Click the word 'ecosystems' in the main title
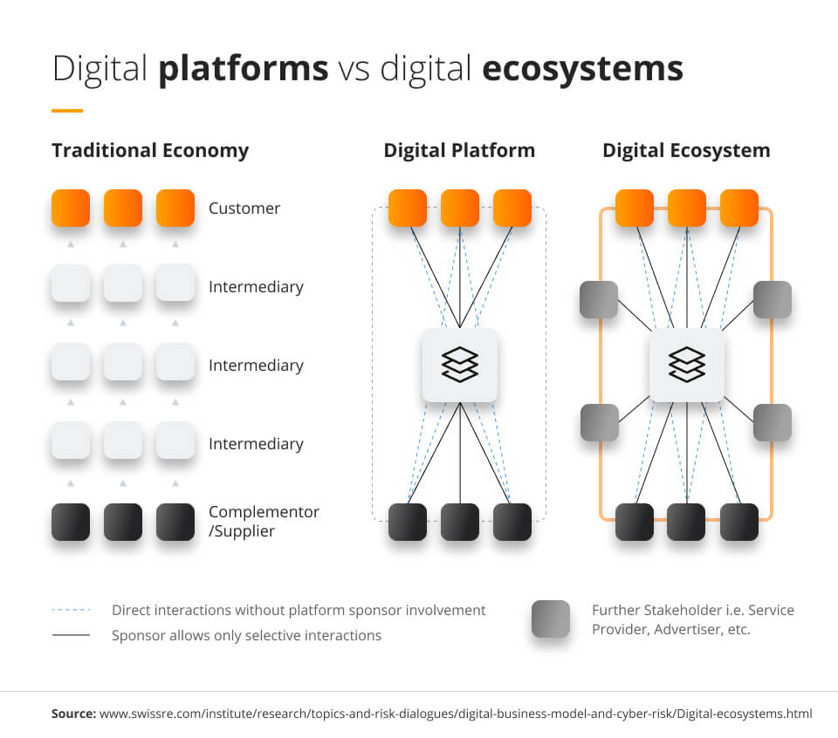pos(582,69)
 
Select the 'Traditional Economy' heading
pos(150,150)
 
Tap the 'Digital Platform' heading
pos(459,150)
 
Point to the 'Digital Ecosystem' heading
pos(686,150)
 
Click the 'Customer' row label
pos(244,208)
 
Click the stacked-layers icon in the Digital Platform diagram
pos(460,365)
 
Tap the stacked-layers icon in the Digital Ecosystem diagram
pos(686,365)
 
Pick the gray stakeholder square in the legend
pos(551,619)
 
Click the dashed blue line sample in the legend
pos(71,611)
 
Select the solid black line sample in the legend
pos(71,635)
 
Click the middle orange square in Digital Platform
pos(460,208)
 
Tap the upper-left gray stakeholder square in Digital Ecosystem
pos(599,299)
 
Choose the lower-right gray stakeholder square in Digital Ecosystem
pos(773,422)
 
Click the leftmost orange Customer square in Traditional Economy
pos(71,208)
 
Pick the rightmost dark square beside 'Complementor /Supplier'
pos(175,522)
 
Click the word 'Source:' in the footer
pos(73,714)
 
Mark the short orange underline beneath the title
pos(67,111)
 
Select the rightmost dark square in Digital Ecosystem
pos(739,522)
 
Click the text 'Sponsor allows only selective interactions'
pos(246,635)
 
